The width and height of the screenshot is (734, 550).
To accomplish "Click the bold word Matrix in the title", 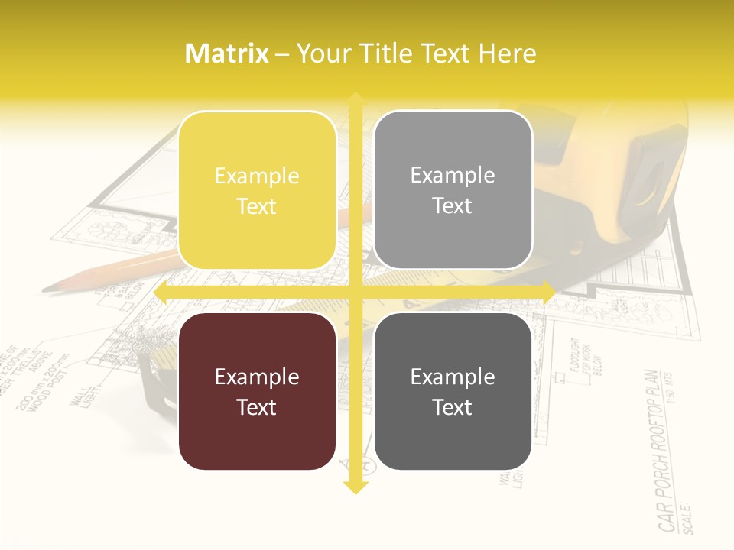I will (x=227, y=53).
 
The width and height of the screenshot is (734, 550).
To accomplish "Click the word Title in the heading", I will (x=389, y=53).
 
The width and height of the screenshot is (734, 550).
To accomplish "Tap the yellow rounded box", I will (x=257, y=191).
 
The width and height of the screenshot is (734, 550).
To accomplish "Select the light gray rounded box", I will (x=453, y=190).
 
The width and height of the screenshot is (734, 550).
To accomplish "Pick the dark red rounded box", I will (x=257, y=391).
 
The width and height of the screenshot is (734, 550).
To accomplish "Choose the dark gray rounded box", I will (x=453, y=391).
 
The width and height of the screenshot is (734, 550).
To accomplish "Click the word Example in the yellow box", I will (x=257, y=176).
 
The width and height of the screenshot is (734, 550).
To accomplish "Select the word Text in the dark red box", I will (x=257, y=407).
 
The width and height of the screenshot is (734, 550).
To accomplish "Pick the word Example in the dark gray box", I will (x=453, y=377).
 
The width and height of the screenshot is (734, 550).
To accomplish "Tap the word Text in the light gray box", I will (x=453, y=206).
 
